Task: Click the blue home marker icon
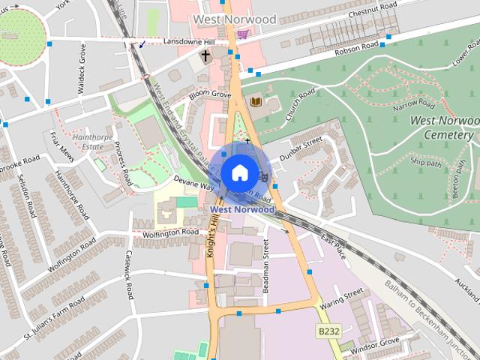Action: [x=238, y=172]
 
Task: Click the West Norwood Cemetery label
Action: [x=442, y=127]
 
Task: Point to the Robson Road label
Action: [x=358, y=47]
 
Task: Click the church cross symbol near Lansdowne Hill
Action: [x=205, y=55]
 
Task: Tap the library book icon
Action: [x=256, y=101]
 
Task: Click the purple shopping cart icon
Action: [x=242, y=34]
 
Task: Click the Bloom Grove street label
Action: [x=210, y=95]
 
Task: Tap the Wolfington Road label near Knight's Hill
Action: [x=170, y=232]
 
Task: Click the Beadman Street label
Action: [x=266, y=259]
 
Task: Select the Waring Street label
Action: [x=341, y=298]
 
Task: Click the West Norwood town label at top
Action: [x=234, y=18]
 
